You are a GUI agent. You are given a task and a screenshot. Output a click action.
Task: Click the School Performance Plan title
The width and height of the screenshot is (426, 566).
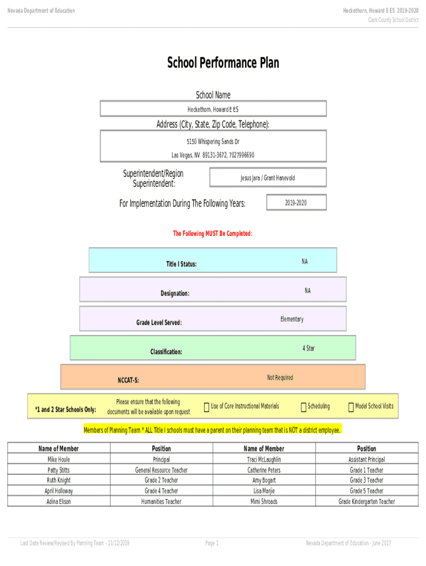click(223, 63)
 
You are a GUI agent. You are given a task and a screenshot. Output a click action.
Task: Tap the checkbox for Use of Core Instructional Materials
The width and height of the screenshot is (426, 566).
click(206, 407)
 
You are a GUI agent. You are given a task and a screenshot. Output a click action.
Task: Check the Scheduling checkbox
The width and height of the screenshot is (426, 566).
click(303, 407)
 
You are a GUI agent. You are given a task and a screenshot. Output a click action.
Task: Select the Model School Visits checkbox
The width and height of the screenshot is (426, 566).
click(351, 407)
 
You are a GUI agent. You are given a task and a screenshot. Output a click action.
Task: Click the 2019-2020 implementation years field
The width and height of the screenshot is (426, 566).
click(296, 203)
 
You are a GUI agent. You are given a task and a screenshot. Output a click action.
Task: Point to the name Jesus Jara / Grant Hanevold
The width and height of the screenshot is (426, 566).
click(267, 178)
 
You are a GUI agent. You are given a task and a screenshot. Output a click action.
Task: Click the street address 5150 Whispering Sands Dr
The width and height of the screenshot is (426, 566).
click(213, 142)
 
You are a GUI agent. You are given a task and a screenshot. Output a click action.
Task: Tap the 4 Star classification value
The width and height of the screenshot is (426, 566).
click(309, 348)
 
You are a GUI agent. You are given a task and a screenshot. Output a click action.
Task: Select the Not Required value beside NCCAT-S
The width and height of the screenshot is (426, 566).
click(280, 378)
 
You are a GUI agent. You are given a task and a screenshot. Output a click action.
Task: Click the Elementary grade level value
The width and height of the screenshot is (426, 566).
click(292, 319)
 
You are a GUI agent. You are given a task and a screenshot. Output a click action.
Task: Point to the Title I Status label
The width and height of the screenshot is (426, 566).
click(181, 264)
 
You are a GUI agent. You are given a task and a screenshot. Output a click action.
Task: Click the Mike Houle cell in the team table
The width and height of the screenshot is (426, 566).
click(59, 459)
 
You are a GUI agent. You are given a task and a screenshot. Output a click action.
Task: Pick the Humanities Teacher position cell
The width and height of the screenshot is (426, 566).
click(161, 501)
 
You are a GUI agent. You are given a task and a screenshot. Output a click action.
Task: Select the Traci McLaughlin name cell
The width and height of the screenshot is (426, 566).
click(264, 459)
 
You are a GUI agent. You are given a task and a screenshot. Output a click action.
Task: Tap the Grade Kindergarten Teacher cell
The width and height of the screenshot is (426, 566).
click(366, 501)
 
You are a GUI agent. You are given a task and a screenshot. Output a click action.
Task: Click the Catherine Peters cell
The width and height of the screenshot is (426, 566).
click(264, 470)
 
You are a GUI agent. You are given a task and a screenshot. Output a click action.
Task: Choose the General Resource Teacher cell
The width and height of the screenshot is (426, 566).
click(161, 470)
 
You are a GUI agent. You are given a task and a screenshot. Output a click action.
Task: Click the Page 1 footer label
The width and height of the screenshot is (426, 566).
click(212, 543)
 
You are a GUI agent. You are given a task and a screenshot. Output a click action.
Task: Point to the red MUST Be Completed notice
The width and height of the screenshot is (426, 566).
click(212, 234)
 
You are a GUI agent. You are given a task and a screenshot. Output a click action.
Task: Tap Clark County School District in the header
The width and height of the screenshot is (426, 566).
click(393, 20)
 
